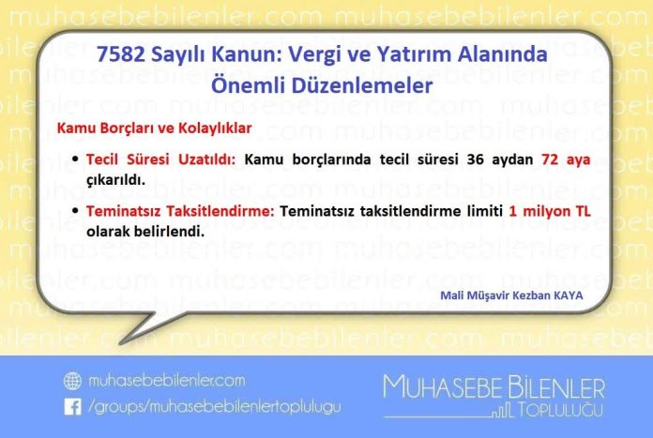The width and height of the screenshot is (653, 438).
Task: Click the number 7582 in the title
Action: click(121, 54)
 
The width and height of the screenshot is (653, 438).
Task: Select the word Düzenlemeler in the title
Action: click(362, 85)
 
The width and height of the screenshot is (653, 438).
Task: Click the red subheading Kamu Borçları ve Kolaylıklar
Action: click(154, 128)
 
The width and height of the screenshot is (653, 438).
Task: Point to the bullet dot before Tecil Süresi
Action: click(75, 159)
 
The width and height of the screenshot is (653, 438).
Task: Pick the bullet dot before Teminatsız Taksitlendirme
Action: click(75, 210)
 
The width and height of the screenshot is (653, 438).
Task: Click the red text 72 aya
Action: click(566, 159)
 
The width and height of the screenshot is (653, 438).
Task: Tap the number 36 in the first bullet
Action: click(475, 159)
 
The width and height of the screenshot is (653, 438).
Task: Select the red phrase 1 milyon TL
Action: click(550, 211)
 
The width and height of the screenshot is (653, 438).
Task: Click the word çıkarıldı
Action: click(115, 180)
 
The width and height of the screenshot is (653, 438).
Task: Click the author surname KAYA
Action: click(568, 295)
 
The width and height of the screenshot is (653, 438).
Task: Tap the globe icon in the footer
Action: click(72, 381)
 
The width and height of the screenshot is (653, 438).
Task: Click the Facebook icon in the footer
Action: click(73, 407)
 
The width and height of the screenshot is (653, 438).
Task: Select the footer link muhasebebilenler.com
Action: click(167, 381)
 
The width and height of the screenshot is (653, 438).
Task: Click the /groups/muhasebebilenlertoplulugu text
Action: click(215, 407)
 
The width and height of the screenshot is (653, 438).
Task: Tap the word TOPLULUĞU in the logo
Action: click(559, 410)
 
